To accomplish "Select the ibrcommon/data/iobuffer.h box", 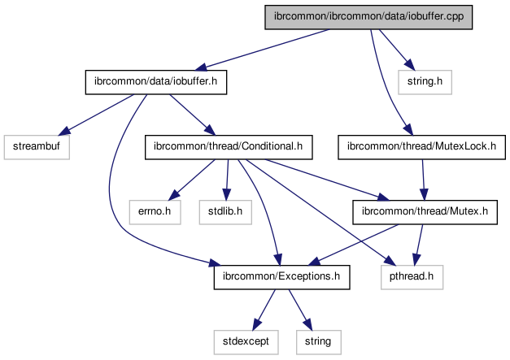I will (155, 82).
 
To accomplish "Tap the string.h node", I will (425, 82).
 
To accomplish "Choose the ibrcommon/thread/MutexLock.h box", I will (422, 147).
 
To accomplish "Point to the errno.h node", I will (153, 212).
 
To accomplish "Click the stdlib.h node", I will (225, 212).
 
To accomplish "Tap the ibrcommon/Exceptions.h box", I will (281, 277).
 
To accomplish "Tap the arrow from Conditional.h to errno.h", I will (191, 179).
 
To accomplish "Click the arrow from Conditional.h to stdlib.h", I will (227, 180).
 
